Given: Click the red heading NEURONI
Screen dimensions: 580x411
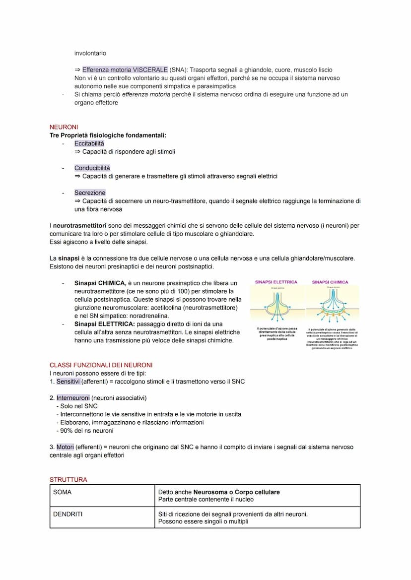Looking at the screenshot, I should click(64, 127).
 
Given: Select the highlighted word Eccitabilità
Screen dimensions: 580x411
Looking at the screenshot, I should click(89, 143).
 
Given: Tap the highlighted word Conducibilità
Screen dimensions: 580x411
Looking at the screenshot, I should click(92, 168).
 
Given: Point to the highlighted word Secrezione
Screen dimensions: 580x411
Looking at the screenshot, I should click(90, 193).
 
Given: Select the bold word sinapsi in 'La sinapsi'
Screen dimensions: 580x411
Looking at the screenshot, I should click(68, 258).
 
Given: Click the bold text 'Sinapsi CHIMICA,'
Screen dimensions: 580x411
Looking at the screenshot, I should click(100, 283).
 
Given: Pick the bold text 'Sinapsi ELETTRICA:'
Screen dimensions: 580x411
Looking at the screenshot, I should click(104, 324).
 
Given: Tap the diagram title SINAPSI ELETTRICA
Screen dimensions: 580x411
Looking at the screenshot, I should click(276, 282).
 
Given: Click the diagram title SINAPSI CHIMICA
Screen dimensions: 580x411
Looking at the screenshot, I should click(330, 282).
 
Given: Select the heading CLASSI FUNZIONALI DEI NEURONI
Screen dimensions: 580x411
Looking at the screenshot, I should click(101, 365).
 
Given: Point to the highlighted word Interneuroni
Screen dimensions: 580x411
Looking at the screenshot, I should click(73, 398).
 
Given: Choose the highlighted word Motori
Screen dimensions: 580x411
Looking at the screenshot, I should click(65, 447).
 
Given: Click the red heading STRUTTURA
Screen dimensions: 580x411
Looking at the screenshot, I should click(68, 480).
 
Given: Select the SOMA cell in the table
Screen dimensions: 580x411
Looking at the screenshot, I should click(62, 492).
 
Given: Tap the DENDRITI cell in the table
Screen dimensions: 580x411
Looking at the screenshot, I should click(68, 514).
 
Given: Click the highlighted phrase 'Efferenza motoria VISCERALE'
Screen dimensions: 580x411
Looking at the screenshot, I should click(125, 70).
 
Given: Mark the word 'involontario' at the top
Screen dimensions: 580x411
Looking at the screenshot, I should click(90, 53).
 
